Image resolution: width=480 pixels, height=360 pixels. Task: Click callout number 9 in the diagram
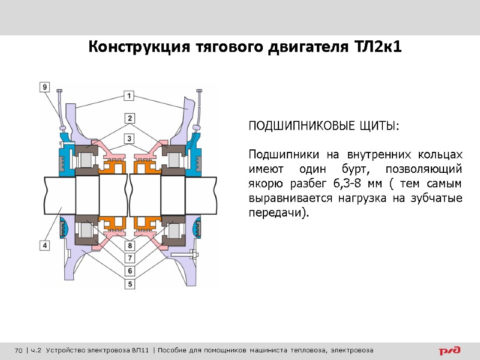(45, 87)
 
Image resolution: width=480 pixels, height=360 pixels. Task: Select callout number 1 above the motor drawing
(129, 95)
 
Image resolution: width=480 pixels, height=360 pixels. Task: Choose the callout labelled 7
(129, 258)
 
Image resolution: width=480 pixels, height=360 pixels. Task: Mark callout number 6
(129, 271)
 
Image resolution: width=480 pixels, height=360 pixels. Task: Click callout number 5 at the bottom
(129, 283)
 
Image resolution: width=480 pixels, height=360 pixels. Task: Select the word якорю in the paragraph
(265, 183)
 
